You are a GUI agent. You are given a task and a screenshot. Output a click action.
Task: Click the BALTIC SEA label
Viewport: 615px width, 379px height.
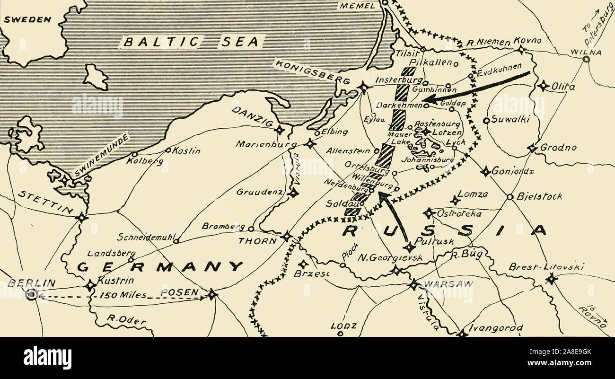191,42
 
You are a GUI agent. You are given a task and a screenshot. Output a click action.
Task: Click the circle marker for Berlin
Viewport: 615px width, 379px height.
31,295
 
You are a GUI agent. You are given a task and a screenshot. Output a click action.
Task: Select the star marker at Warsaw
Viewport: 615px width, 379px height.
414,285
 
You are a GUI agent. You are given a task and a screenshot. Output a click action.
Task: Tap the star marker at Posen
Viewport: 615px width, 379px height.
211,295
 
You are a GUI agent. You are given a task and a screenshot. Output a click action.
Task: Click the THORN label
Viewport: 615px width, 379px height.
257,240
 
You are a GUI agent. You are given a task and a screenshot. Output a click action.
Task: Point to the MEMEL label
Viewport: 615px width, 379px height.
358,6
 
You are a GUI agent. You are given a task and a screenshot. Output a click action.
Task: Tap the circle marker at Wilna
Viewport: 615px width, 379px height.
586,60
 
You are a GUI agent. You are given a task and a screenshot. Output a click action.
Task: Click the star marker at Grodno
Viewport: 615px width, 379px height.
532,149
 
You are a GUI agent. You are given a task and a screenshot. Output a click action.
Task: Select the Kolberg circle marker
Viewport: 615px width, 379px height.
135,154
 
